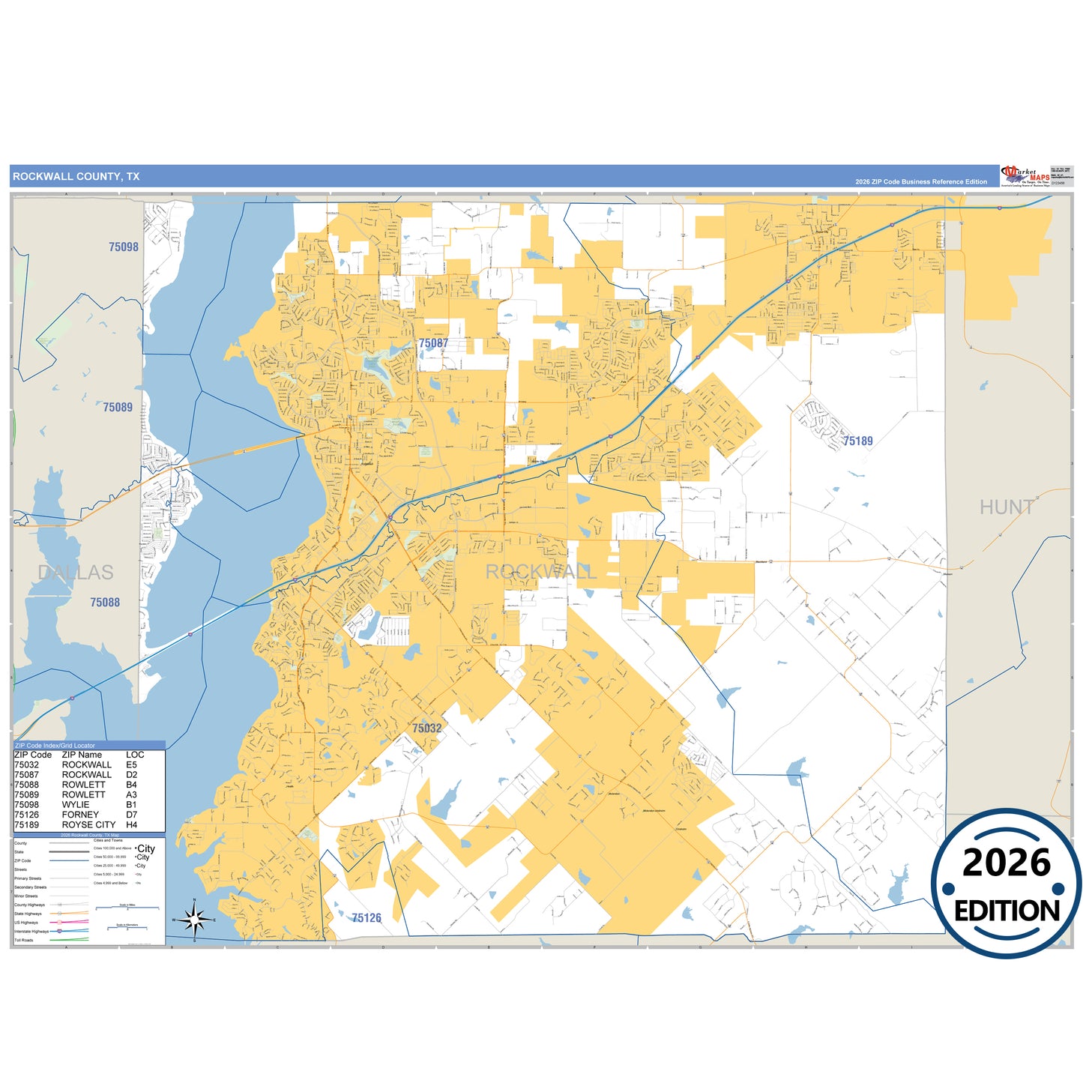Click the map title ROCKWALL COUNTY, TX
(76, 177)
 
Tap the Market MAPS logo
(1025, 175)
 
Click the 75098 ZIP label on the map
(124, 247)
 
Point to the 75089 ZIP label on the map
(118, 407)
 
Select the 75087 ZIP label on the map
(433, 343)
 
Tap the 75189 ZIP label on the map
(857, 441)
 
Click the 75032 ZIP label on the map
(426, 728)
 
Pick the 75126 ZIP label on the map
(366, 917)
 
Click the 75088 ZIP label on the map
(105, 602)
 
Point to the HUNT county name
(1007, 507)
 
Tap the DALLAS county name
(76, 573)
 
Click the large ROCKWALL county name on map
(540, 572)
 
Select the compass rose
(194, 919)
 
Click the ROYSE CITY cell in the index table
(88, 824)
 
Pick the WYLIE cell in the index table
(76, 804)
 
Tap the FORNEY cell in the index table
(80, 814)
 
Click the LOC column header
(135, 755)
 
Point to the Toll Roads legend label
(24, 940)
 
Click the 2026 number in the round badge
(1006, 863)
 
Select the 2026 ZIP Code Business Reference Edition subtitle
(920, 182)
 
